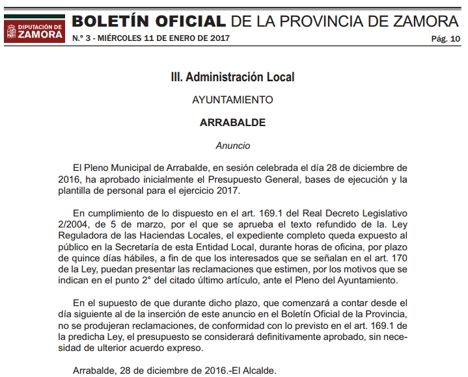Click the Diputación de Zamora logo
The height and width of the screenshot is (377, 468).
point(34,29)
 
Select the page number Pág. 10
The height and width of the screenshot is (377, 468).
point(445,40)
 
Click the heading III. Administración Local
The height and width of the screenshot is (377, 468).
point(232,77)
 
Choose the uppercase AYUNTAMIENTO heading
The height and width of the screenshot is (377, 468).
point(232,100)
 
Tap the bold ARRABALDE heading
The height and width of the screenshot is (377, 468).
point(232,122)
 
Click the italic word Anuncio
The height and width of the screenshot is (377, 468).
point(232,146)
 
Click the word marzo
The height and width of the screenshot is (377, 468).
point(155,224)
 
